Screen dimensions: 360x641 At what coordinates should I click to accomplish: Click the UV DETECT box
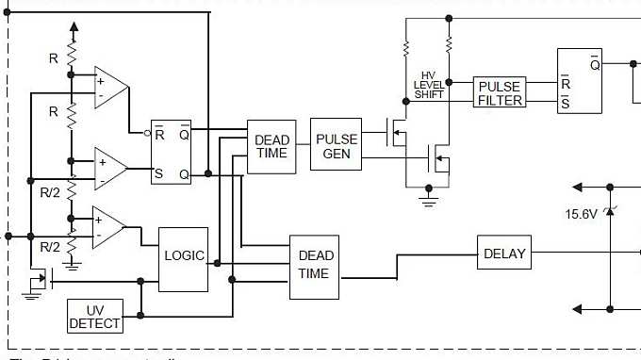click(95, 317)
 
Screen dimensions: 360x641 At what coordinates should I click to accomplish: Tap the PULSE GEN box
click(336, 144)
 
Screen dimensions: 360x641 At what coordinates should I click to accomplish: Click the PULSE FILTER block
click(499, 93)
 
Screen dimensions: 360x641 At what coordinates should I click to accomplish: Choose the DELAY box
click(504, 254)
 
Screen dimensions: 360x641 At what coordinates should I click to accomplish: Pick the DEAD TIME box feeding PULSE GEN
click(271, 147)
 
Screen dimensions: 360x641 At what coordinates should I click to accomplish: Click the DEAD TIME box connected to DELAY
click(315, 265)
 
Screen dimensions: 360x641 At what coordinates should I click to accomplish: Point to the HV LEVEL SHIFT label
click(429, 85)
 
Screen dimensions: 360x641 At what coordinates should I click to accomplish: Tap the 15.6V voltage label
click(583, 214)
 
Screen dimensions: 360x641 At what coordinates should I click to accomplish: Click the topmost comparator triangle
click(110, 88)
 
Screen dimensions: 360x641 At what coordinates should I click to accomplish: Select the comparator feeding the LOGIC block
click(107, 227)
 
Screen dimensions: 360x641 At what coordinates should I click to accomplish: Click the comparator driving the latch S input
click(110, 169)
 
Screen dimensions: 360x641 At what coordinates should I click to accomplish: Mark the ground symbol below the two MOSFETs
click(429, 198)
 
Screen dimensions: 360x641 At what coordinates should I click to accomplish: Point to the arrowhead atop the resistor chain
click(72, 28)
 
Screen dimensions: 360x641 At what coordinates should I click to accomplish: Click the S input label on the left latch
click(159, 173)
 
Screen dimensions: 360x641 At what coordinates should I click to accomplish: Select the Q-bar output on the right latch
click(594, 64)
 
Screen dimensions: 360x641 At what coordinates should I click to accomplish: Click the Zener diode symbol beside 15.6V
click(610, 208)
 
